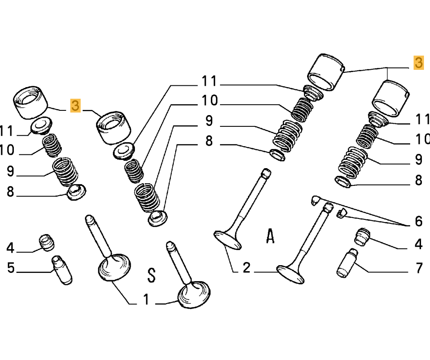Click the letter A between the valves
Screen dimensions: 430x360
(270, 236)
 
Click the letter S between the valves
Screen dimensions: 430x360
(152, 275)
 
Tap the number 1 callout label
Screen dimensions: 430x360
(146, 299)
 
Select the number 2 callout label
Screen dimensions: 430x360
(247, 267)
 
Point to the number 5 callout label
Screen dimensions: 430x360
(11, 268)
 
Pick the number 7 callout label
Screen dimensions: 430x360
(419, 268)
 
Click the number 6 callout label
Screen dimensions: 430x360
(419, 221)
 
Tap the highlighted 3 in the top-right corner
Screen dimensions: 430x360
(419, 63)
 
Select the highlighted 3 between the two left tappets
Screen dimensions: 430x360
(75, 105)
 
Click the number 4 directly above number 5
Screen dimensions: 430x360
(10, 248)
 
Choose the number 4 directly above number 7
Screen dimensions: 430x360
(418, 244)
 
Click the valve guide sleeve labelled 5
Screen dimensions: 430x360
(62, 270)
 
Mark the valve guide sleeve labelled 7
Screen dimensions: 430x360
(347, 263)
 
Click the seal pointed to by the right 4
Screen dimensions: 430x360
(363, 236)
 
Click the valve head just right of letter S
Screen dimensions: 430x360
(194, 294)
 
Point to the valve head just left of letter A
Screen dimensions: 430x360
(228, 241)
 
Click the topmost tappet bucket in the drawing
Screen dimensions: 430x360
(326, 72)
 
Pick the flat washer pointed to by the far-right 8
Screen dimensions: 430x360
(343, 182)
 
